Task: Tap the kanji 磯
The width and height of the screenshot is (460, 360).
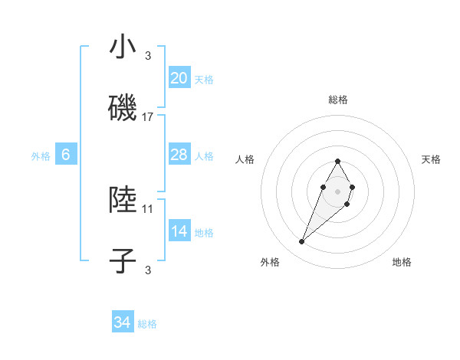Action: [123, 108]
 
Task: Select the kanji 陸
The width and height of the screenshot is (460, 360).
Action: [123, 199]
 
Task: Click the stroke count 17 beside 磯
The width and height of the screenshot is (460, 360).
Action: [148, 117]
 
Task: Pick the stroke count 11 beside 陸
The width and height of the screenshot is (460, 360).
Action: [148, 208]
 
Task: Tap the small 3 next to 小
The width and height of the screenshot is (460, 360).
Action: [148, 56]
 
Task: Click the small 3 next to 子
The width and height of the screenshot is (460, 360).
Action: [148, 270]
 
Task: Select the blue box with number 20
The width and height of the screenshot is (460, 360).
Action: [179, 78]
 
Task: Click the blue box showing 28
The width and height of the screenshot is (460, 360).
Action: [179, 155]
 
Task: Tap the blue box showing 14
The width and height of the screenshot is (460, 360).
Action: [179, 232]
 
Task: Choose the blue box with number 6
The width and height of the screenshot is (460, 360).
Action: [66, 155]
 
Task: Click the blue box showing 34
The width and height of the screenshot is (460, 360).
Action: [122, 323]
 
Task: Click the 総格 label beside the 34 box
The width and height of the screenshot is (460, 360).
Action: [147, 324]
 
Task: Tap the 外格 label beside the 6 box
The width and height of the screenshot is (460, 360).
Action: [41, 156]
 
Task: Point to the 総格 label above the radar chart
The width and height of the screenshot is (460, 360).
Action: [337, 100]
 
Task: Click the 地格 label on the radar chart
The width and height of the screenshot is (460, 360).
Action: [402, 262]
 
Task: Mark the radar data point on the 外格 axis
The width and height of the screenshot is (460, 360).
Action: [302, 242]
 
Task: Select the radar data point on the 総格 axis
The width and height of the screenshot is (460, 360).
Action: [337, 161]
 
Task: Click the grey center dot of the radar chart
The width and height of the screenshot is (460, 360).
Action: [337, 191]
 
